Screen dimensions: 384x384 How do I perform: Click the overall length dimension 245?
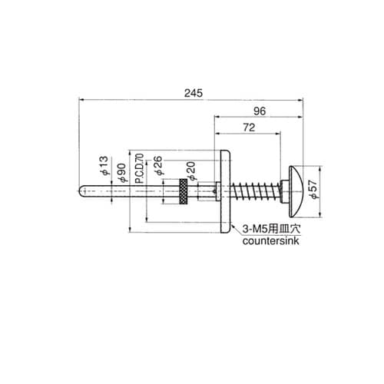(x=194, y=93)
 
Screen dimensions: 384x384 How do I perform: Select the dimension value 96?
(x=260, y=111)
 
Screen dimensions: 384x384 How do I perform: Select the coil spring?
(x=254, y=190)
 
